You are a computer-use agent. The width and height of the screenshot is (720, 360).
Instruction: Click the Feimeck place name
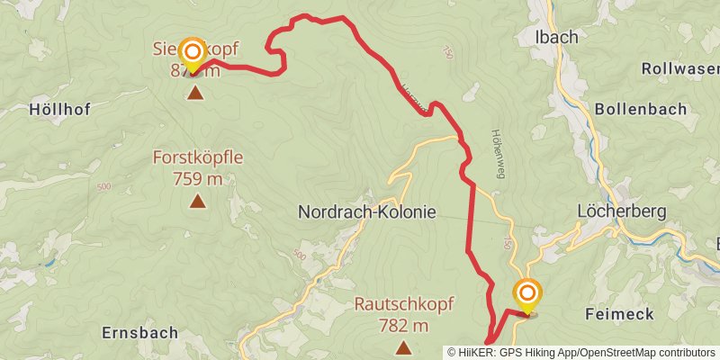pyautogui.click(x=618, y=313)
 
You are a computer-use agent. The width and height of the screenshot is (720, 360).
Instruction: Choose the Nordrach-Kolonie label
pyautogui.click(x=366, y=212)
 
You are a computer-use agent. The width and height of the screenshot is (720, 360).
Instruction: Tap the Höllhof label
pyautogui.click(x=57, y=109)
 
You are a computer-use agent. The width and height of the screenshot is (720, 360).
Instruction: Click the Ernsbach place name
pyautogui.click(x=139, y=331)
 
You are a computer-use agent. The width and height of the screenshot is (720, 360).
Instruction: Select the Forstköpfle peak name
pyautogui.click(x=198, y=158)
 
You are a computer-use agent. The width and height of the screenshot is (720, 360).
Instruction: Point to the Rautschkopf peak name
pyautogui.click(x=404, y=305)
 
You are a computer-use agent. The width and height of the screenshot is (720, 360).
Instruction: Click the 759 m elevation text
pyautogui.click(x=198, y=178)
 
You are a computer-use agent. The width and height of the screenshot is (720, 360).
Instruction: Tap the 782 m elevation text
pyautogui.click(x=404, y=325)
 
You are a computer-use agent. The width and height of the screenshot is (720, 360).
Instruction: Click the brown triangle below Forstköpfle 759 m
pyautogui.click(x=197, y=202)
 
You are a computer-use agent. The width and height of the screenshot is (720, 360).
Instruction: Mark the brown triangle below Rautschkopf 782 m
pyautogui.click(x=404, y=348)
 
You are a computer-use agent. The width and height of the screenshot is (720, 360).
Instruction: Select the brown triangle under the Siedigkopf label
pyautogui.click(x=194, y=92)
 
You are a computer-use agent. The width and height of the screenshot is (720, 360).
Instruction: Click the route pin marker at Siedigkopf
pyautogui.click(x=193, y=52)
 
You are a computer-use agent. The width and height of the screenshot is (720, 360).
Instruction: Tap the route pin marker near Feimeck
pyautogui.click(x=526, y=294)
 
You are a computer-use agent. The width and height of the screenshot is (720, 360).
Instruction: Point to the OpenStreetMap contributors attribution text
pyautogui.click(x=645, y=353)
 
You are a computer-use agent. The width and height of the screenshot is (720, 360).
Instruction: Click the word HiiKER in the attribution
pyautogui.click(x=478, y=353)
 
